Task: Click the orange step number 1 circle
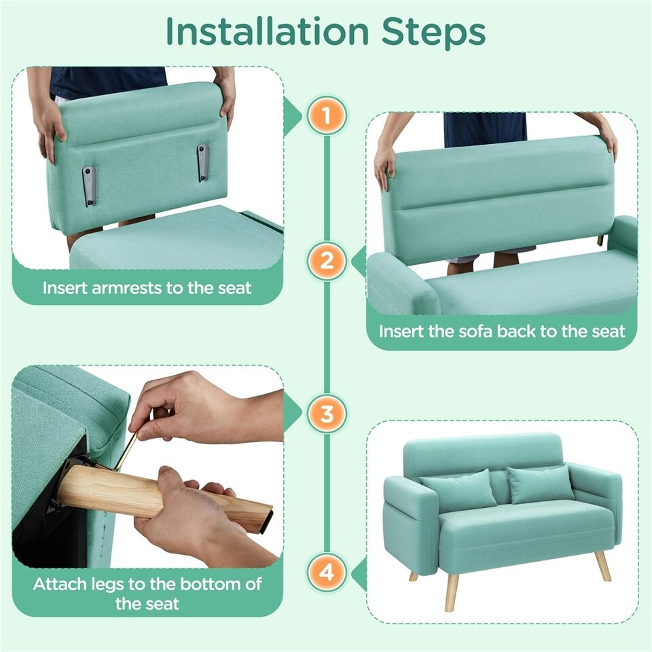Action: (327, 116)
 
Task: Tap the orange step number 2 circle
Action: (327, 261)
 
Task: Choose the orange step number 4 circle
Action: (327, 572)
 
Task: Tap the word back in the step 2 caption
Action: (519, 331)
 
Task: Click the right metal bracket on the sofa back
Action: (203, 164)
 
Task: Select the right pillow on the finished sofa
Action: (540, 484)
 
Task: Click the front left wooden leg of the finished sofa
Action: (450, 593)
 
